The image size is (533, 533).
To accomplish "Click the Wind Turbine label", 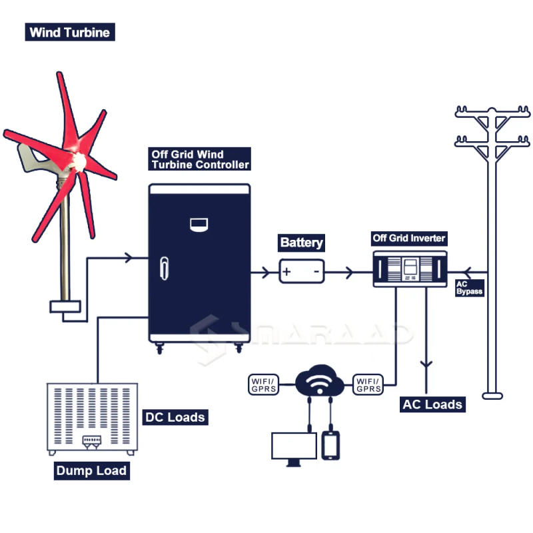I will pos(69,32).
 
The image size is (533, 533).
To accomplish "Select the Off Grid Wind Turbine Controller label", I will pos(200,159).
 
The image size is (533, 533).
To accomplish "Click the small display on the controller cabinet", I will pos(199,224).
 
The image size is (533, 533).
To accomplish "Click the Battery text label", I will pos(302,243).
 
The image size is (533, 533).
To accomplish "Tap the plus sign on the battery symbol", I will pos(286,272).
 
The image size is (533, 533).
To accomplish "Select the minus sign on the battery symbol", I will pos(316,272).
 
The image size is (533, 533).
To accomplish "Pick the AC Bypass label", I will pos(468,288).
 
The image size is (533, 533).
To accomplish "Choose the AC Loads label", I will pos(432,404).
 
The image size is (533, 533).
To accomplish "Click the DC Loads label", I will pos(175,418).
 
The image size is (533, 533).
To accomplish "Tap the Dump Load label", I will pos(91,470).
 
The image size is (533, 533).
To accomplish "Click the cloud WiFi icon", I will pos(318,381).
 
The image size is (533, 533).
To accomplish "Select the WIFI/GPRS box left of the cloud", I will pos(265,384).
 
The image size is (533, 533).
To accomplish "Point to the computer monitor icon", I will pos(293,446).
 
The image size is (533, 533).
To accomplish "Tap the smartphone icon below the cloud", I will pos(331,445).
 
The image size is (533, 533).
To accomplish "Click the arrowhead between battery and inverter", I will pos(348,272).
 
